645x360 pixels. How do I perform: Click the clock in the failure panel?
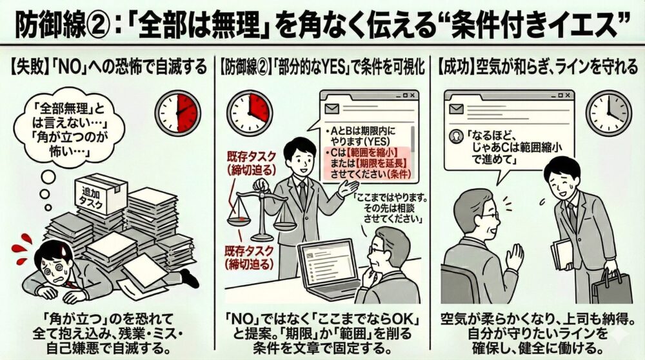coord(179,112)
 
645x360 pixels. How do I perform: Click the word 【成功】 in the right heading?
coord(456,66)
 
